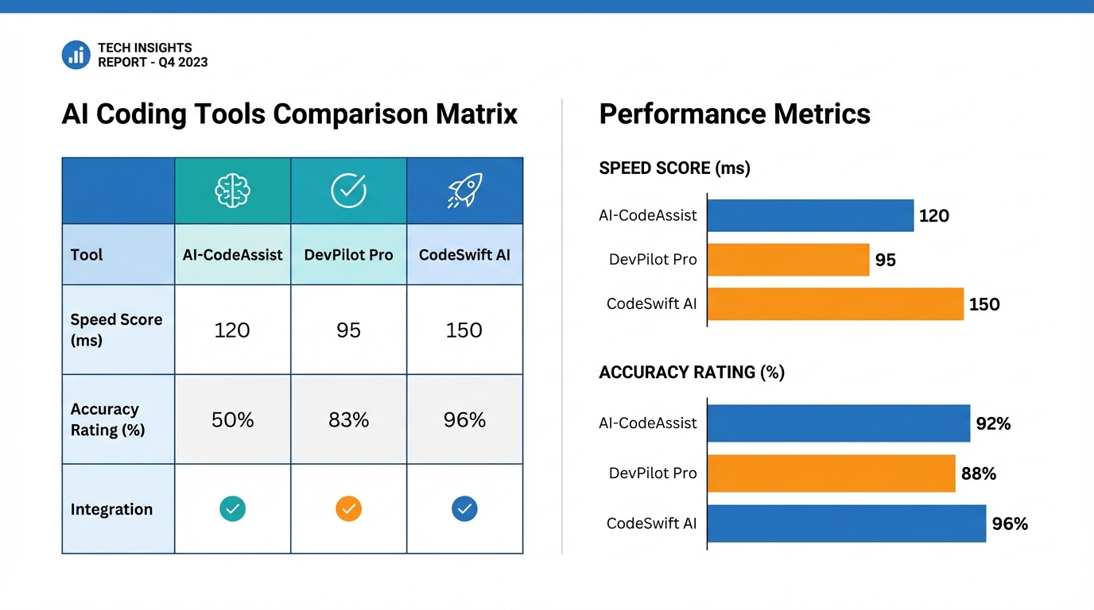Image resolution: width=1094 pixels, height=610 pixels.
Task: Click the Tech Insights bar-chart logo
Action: [x=76, y=55]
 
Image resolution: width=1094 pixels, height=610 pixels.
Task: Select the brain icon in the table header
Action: [x=232, y=191]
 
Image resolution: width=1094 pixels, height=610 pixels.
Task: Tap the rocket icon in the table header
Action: [x=464, y=191]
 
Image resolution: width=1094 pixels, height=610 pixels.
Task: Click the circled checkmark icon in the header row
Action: [x=348, y=191]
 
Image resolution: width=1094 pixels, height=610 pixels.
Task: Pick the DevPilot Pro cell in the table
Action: [x=348, y=255]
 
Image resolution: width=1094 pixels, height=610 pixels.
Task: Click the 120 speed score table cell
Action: [x=232, y=330]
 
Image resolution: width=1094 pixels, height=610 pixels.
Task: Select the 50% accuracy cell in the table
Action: [x=232, y=419]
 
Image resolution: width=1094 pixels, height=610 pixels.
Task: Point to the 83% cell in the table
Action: [x=348, y=419]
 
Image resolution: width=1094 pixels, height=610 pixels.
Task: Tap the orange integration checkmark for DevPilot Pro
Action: [x=348, y=508]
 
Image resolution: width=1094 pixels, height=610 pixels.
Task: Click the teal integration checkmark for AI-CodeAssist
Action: [x=232, y=508]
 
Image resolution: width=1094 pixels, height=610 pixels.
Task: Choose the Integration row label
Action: [x=111, y=509]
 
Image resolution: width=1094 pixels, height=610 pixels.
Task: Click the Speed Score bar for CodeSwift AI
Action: [x=835, y=304]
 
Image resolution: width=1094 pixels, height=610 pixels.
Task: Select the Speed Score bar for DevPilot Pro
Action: [x=788, y=260]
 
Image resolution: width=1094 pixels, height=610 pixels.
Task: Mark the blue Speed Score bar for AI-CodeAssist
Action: [x=810, y=215]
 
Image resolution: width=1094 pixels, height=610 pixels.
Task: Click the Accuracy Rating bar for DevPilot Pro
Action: [x=831, y=473]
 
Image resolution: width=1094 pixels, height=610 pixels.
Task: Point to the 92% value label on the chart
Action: [x=993, y=424]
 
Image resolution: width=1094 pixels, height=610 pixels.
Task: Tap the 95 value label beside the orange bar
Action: [x=885, y=261]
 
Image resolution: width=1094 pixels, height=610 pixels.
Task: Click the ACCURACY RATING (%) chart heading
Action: [x=691, y=373]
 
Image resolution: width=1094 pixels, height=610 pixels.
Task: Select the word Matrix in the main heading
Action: [x=476, y=114]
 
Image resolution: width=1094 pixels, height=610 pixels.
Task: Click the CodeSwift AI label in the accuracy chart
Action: [x=651, y=523]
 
